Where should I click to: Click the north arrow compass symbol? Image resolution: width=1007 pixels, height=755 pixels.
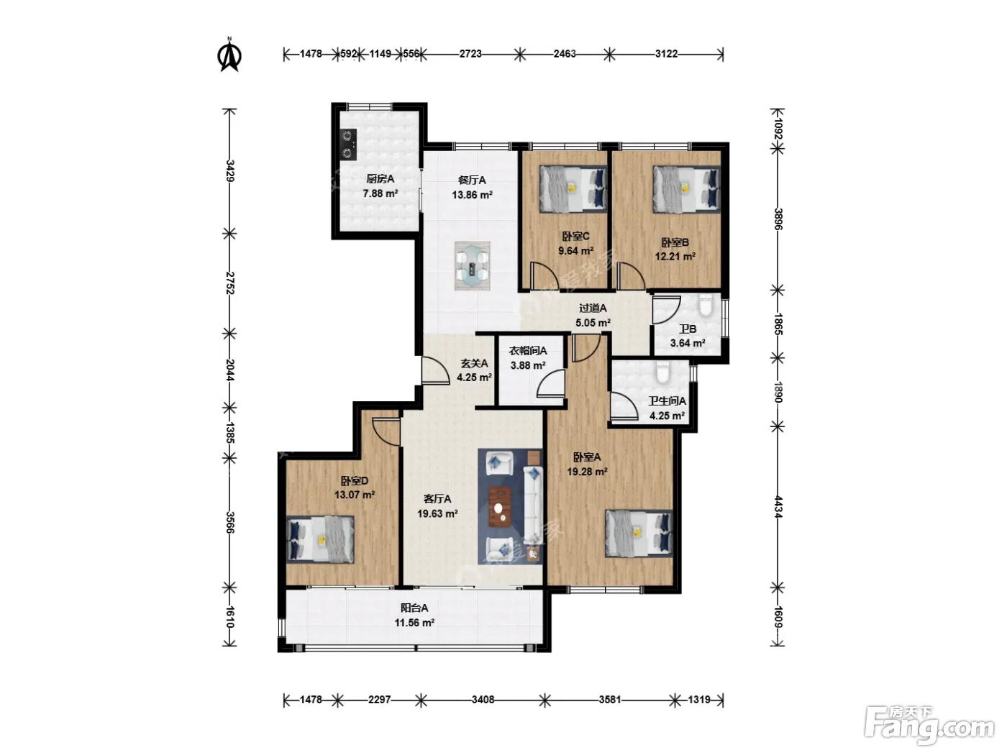[x=229, y=55]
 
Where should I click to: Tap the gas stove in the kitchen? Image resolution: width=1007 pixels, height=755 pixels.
[x=349, y=145]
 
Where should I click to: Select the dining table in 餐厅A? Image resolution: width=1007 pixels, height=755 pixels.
[x=472, y=266]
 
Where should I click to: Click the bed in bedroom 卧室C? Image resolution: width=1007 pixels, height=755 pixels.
[x=573, y=189]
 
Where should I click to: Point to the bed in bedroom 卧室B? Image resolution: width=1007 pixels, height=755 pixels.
[x=687, y=189]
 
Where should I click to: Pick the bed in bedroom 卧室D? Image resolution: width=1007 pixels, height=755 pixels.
[x=320, y=539]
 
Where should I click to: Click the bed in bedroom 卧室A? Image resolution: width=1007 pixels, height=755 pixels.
[x=639, y=534]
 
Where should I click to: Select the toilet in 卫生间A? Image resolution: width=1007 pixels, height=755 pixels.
[x=662, y=372]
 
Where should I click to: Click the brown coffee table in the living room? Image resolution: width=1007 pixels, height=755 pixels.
[x=500, y=507]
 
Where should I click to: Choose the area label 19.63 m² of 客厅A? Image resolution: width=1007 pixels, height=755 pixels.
[x=437, y=514]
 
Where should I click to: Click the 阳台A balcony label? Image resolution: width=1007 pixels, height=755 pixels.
[x=414, y=608]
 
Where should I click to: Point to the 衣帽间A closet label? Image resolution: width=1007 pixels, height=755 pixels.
[x=527, y=351]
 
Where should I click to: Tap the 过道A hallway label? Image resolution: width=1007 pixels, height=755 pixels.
[x=593, y=308]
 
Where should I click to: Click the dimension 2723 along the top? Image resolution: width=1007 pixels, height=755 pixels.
[x=470, y=54]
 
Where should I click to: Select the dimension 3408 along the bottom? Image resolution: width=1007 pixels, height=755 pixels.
[x=483, y=700]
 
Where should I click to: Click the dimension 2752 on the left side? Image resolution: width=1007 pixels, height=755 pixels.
[x=230, y=283]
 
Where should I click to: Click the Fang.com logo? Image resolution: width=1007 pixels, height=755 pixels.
[x=929, y=726]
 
